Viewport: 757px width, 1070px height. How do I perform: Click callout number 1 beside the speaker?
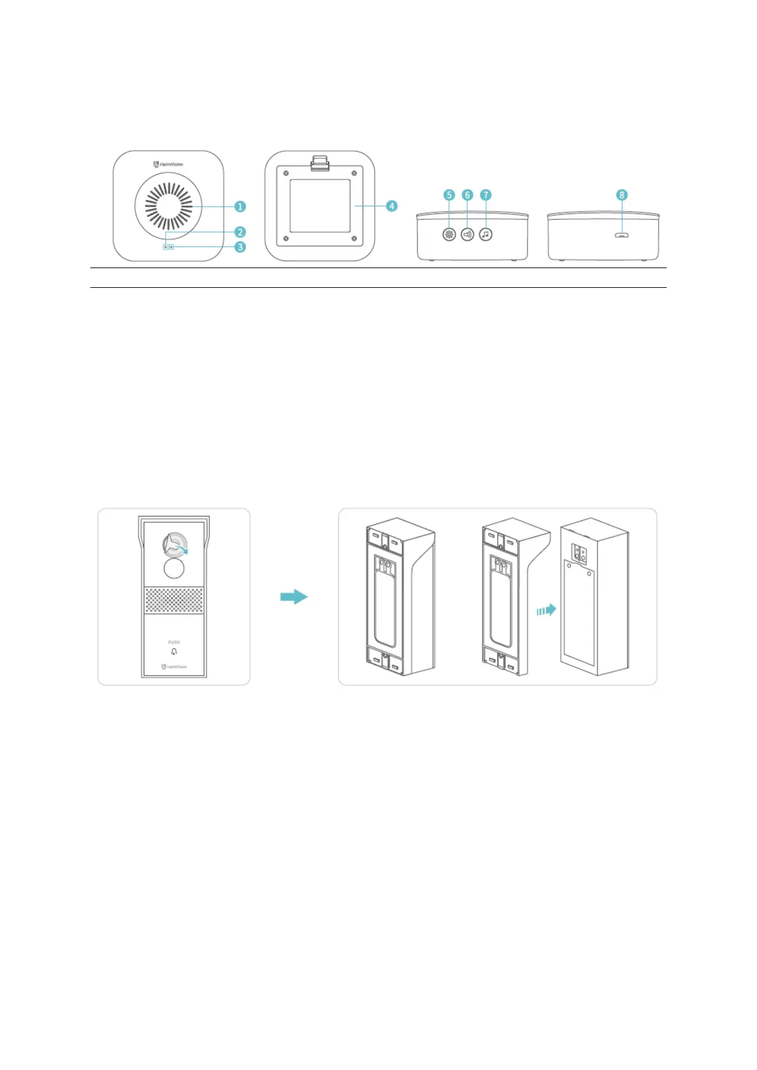point(240,207)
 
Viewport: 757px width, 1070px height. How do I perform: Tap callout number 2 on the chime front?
point(240,232)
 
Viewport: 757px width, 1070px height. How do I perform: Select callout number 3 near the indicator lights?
point(240,247)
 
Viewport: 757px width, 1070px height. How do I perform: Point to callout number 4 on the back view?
point(392,206)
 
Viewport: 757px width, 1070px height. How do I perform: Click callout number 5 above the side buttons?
point(449,195)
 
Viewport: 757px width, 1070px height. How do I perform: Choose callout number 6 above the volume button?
point(467,195)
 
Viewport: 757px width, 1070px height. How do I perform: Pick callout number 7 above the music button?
point(486,195)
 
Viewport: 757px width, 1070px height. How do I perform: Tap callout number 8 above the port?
point(622,195)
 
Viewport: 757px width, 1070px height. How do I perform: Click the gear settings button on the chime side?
point(449,234)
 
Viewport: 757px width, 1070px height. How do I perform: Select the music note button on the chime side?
point(486,234)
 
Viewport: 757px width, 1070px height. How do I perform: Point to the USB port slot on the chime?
point(622,235)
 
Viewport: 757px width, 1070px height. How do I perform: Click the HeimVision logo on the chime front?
point(168,164)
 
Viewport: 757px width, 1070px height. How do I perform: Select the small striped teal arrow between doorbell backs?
point(546,610)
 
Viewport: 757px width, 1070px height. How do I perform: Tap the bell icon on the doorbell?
point(174,652)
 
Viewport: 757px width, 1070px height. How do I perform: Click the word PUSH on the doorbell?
point(174,642)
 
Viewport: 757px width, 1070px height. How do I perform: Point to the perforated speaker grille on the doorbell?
point(174,600)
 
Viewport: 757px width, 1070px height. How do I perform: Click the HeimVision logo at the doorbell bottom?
point(174,667)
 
